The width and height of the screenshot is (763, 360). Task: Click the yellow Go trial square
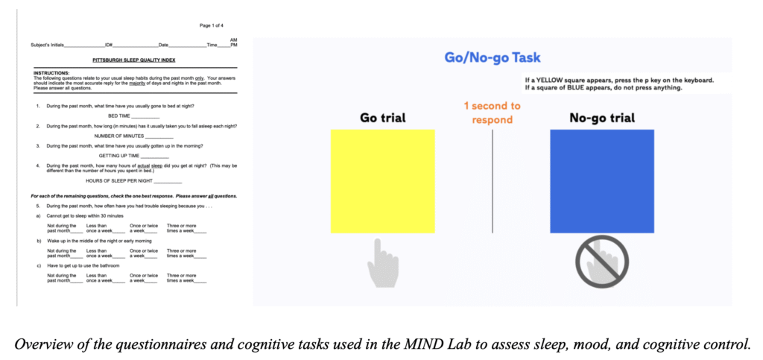click(x=382, y=181)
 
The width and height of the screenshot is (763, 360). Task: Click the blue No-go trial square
click(x=601, y=181)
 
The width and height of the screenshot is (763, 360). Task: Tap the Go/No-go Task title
click(x=492, y=57)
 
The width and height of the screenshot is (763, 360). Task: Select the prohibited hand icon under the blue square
click(x=602, y=263)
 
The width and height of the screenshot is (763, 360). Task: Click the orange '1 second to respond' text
click(x=492, y=113)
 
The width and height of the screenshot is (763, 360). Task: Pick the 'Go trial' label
click(x=382, y=118)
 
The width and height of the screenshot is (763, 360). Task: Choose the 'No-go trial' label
click(x=602, y=118)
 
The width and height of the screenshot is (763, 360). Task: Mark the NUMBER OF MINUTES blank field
click(x=159, y=136)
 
